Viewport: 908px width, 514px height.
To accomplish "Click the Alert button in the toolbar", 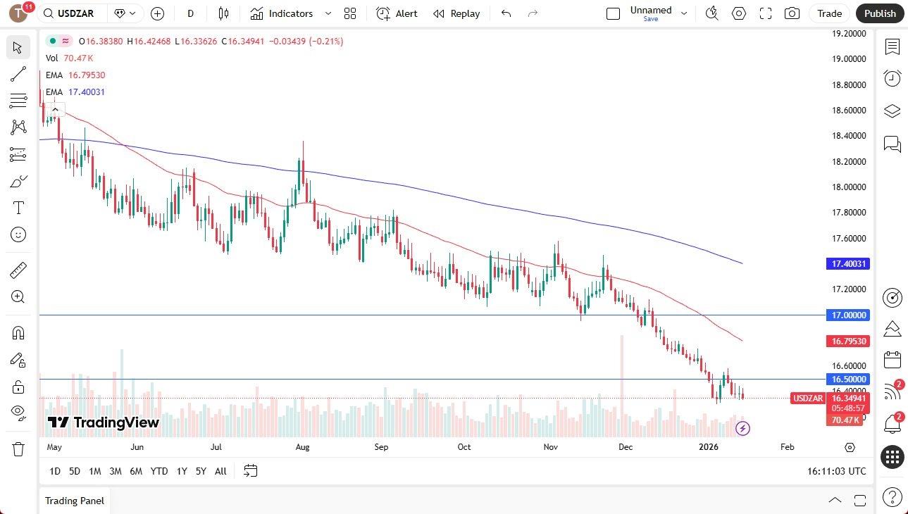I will pos(397,13).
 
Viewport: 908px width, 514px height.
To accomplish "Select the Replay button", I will pos(456,13).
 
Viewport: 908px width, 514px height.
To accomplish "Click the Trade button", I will pos(829,13).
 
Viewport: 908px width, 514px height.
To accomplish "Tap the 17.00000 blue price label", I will pos(849,315).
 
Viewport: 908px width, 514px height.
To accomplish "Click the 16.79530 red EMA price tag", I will pos(849,341).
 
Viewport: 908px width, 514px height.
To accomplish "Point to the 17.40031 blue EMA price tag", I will pos(849,264).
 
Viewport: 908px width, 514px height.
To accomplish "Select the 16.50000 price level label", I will pos(849,379).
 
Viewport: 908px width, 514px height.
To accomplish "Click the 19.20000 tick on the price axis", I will pos(849,33).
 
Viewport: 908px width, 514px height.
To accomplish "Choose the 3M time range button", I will pos(115,471).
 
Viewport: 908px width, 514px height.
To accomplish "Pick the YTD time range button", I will pos(159,471).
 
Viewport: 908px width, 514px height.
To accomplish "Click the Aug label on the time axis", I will pos(303,447).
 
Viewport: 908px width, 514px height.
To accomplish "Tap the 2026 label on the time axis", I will pos(707,447).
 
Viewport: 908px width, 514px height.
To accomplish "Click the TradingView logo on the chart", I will pos(104,422).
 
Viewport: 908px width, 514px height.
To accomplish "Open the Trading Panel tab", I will pos(75,501).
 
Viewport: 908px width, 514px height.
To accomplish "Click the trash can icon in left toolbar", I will pos(18,449).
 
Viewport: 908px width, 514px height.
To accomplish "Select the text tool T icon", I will pos(18,208).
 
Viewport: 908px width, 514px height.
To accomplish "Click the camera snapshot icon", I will pos(792,13).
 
